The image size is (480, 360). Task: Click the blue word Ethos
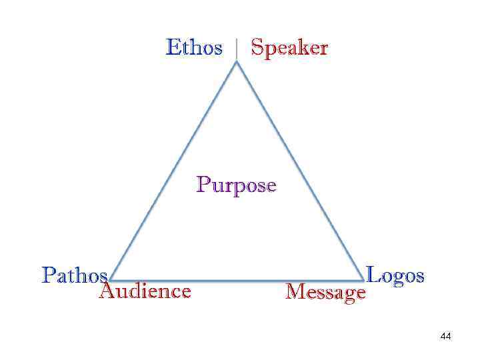pyautogui.click(x=194, y=48)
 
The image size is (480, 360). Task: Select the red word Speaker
pyautogui.click(x=289, y=49)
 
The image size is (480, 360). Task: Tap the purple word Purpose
pyautogui.click(x=236, y=185)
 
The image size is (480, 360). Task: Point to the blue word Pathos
pyautogui.click(x=74, y=275)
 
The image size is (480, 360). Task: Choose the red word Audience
pyautogui.click(x=145, y=291)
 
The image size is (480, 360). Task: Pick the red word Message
pyautogui.click(x=325, y=292)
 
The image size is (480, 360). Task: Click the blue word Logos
pyautogui.click(x=395, y=275)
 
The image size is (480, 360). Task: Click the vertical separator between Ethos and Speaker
pyautogui.click(x=237, y=49)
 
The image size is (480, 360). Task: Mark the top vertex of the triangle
pyautogui.click(x=237, y=62)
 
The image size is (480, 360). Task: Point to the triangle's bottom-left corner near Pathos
pyautogui.click(x=111, y=280)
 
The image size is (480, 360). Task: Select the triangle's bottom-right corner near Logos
pyautogui.click(x=363, y=280)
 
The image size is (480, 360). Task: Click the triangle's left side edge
pyautogui.click(x=173, y=171)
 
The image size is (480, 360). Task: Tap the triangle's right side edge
pyautogui.click(x=300, y=171)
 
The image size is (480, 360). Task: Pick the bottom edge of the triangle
pyautogui.click(x=237, y=280)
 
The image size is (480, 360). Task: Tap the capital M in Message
pyautogui.click(x=293, y=291)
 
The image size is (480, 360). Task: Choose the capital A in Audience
pyautogui.click(x=106, y=291)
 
